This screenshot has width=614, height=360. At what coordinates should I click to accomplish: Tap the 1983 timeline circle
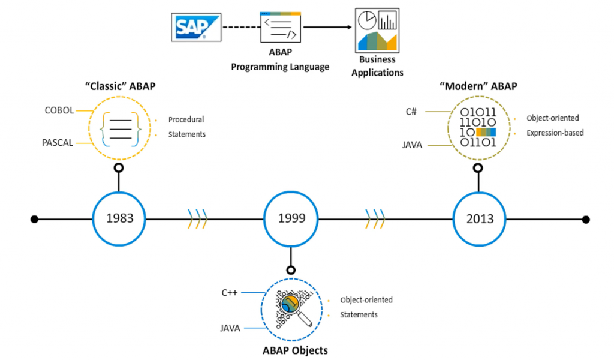(119, 218)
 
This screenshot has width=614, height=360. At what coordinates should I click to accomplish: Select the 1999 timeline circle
(291, 218)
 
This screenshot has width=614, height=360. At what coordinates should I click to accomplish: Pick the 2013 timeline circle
(480, 218)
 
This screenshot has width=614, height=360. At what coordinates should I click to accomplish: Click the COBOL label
(59, 110)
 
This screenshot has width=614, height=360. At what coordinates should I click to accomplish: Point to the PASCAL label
(58, 143)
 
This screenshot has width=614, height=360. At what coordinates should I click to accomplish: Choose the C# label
(411, 111)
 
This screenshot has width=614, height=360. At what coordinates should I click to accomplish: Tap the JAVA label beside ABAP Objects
(230, 328)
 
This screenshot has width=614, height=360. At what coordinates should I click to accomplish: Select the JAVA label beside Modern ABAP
(411, 145)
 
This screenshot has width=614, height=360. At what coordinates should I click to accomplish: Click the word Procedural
(186, 119)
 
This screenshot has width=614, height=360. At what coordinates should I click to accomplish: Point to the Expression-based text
(555, 133)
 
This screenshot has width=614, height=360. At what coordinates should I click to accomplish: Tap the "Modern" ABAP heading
(478, 86)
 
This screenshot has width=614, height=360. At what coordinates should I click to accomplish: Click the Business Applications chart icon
(377, 30)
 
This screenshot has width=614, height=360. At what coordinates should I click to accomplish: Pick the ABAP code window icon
(280, 28)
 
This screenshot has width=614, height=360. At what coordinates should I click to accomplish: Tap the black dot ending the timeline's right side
(586, 219)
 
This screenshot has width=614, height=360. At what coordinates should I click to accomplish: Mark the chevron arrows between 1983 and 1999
(197, 218)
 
